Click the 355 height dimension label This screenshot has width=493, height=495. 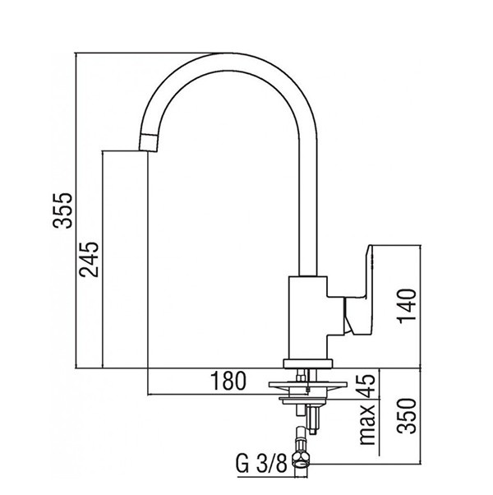pyautogui.click(x=62, y=210)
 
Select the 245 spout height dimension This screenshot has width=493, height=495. pyautogui.click(x=89, y=260)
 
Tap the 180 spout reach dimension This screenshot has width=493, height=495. pyautogui.click(x=228, y=381)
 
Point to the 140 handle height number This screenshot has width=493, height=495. pyautogui.click(x=408, y=306)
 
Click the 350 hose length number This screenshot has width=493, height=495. pyautogui.click(x=407, y=416)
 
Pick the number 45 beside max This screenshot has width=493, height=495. pyautogui.click(x=367, y=386)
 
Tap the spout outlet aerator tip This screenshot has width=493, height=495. pyautogui.click(x=148, y=142)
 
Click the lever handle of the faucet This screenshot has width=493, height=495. pyautogui.click(x=360, y=289)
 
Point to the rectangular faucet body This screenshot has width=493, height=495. pyautogui.click(x=308, y=318)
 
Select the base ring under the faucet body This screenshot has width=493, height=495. pyautogui.click(x=308, y=364)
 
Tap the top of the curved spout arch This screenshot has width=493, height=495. pyautogui.click(x=229, y=62)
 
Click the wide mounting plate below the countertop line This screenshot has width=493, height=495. pyautogui.click(x=308, y=384)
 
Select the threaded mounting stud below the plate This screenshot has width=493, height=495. pyautogui.click(x=313, y=420)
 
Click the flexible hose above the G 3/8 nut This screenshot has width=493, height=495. pyautogui.click(x=301, y=438)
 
